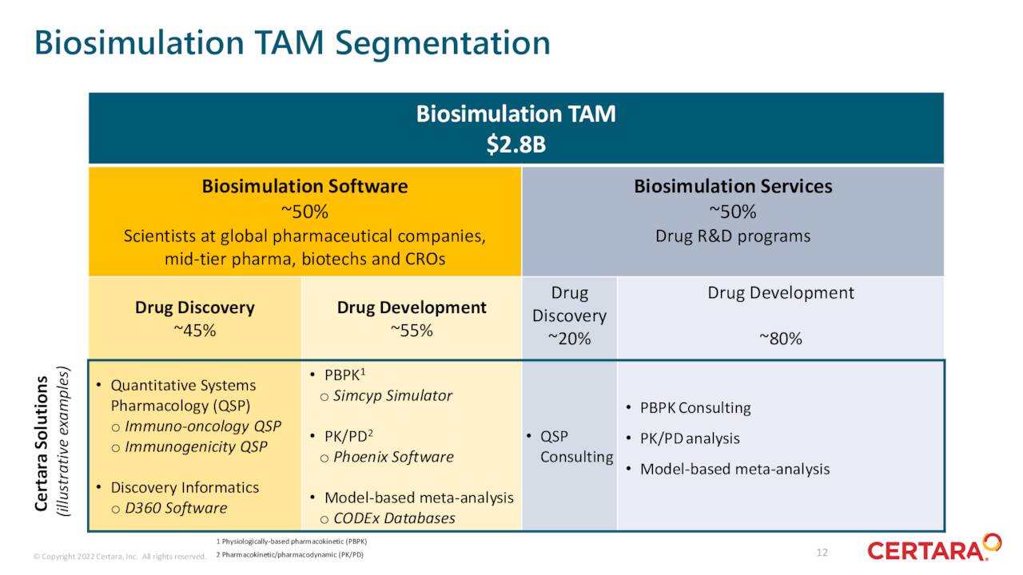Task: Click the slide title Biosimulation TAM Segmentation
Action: (x=292, y=42)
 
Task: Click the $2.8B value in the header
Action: (x=515, y=145)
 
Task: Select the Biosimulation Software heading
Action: (x=305, y=186)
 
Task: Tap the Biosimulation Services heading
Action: (x=733, y=186)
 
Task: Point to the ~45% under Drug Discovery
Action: (x=194, y=331)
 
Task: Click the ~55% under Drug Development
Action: (x=411, y=331)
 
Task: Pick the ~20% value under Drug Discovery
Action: (x=569, y=339)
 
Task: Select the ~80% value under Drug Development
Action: (x=780, y=339)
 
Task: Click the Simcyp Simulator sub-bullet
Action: (x=392, y=396)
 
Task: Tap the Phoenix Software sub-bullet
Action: (x=392, y=458)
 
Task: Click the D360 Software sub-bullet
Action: (x=176, y=509)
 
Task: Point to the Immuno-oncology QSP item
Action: (x=203, y=426)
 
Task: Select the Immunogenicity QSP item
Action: (x=196, y=447)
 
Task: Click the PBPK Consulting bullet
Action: (x=695, y=408)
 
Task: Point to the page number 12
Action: (x=823, y=553)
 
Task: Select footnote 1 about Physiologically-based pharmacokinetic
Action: (x=291, y=541)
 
